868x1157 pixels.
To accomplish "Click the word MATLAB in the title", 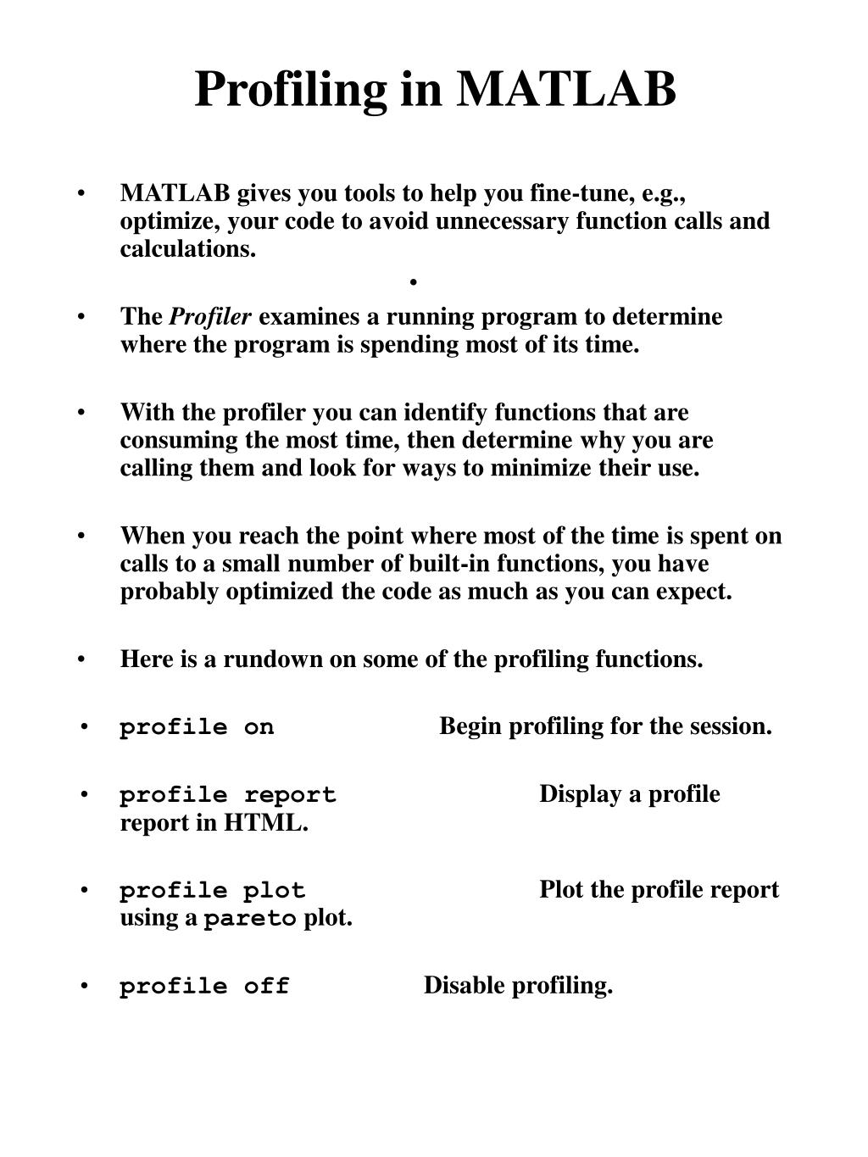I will (566, 88).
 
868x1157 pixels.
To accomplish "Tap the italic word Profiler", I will (211, 317).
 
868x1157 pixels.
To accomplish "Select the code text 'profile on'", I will (197, 727).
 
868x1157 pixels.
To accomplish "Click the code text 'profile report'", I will (227, 795).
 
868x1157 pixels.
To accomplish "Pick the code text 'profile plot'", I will (212, 891).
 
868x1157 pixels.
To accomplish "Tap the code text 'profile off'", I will (204, 987).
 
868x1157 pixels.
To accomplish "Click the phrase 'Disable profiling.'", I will (518, 986).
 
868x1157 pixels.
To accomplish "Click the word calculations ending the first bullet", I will (187, 249).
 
